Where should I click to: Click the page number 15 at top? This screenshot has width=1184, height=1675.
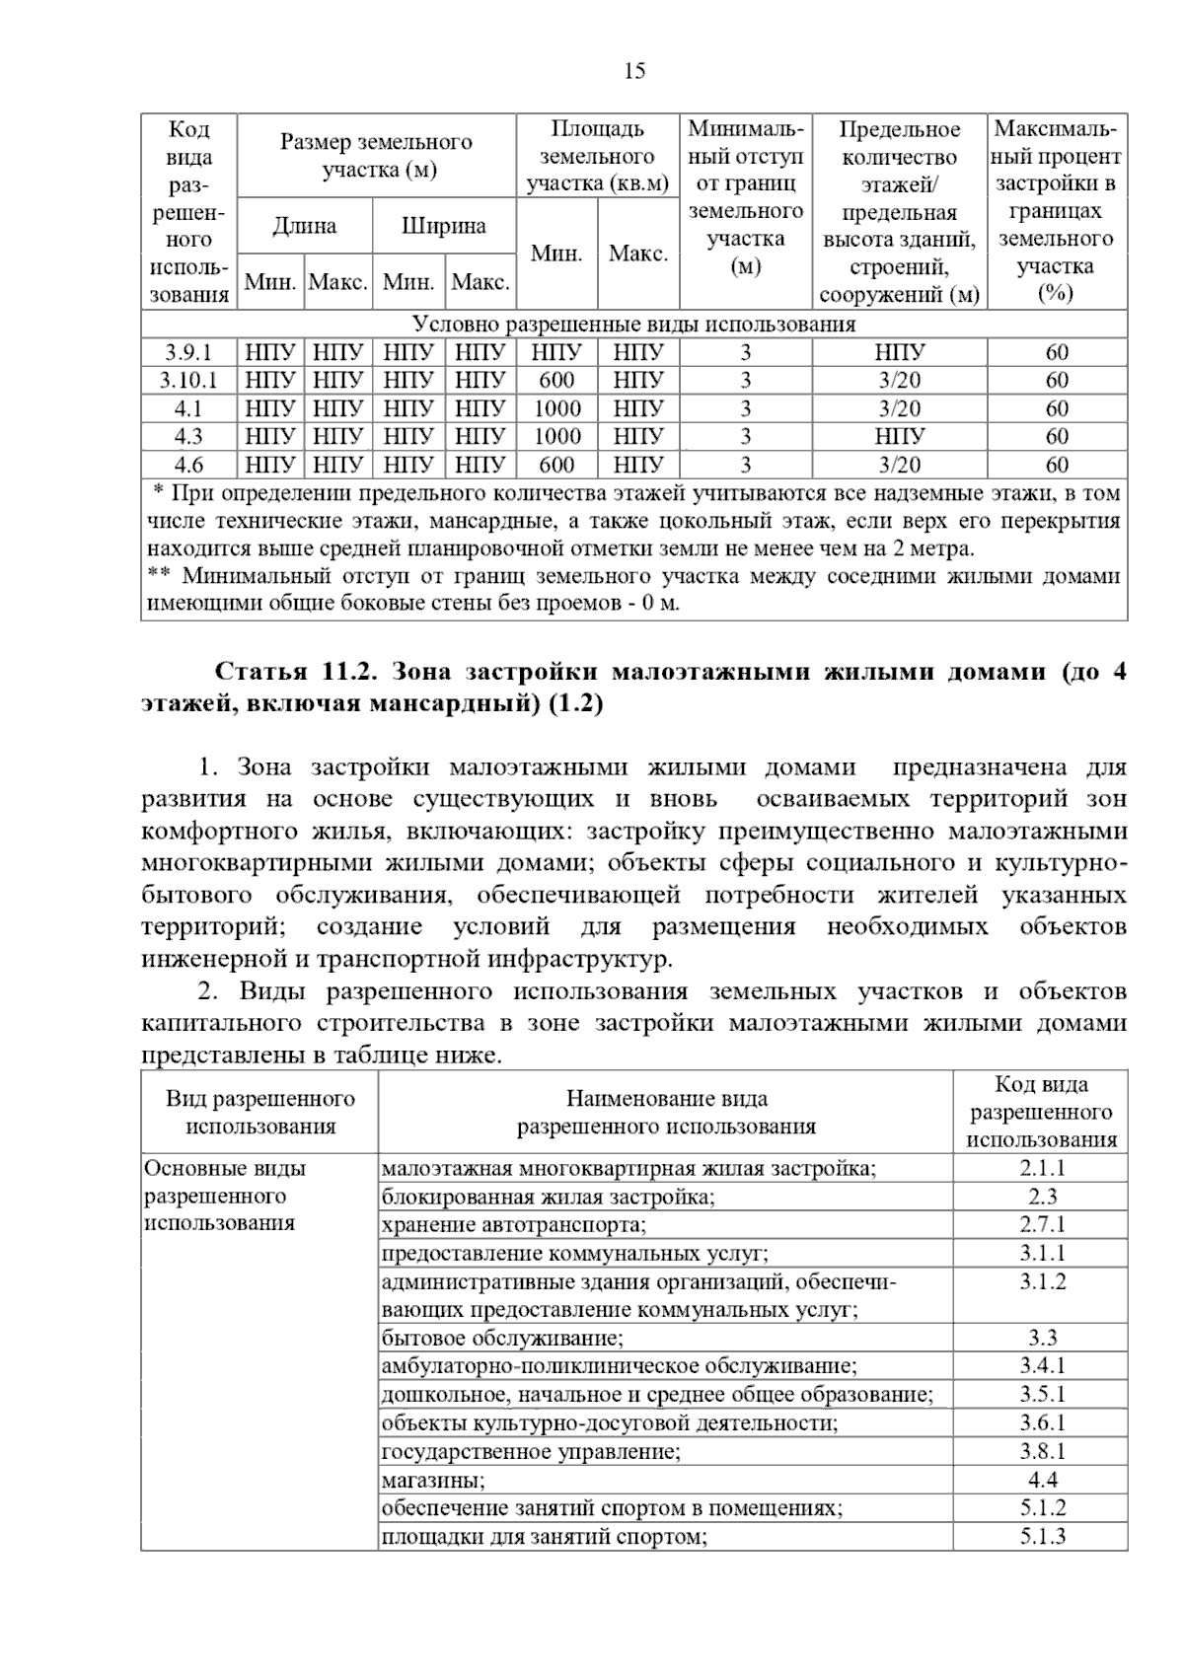coord(634,71)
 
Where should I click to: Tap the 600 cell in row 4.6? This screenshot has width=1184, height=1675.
coord(556,465)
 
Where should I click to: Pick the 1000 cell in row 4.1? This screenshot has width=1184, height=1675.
coord(556,408)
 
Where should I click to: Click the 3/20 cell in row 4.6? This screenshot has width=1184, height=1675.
coord(899,465)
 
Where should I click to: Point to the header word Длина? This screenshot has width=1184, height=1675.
coord(304,226)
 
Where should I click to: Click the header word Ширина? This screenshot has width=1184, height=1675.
coord(443,226)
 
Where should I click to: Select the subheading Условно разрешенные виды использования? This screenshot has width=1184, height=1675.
coord(633,325)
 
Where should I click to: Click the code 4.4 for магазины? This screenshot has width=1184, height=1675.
coord(1042,1480)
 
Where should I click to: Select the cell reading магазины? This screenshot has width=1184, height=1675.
coord(432,1481)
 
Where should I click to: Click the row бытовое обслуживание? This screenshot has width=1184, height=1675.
coord(502,1339)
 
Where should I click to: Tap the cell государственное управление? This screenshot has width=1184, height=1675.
coord(531,1452)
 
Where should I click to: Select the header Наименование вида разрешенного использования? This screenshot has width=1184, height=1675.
coord(666,1113)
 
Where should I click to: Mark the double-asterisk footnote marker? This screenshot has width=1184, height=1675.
coord(159,576)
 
